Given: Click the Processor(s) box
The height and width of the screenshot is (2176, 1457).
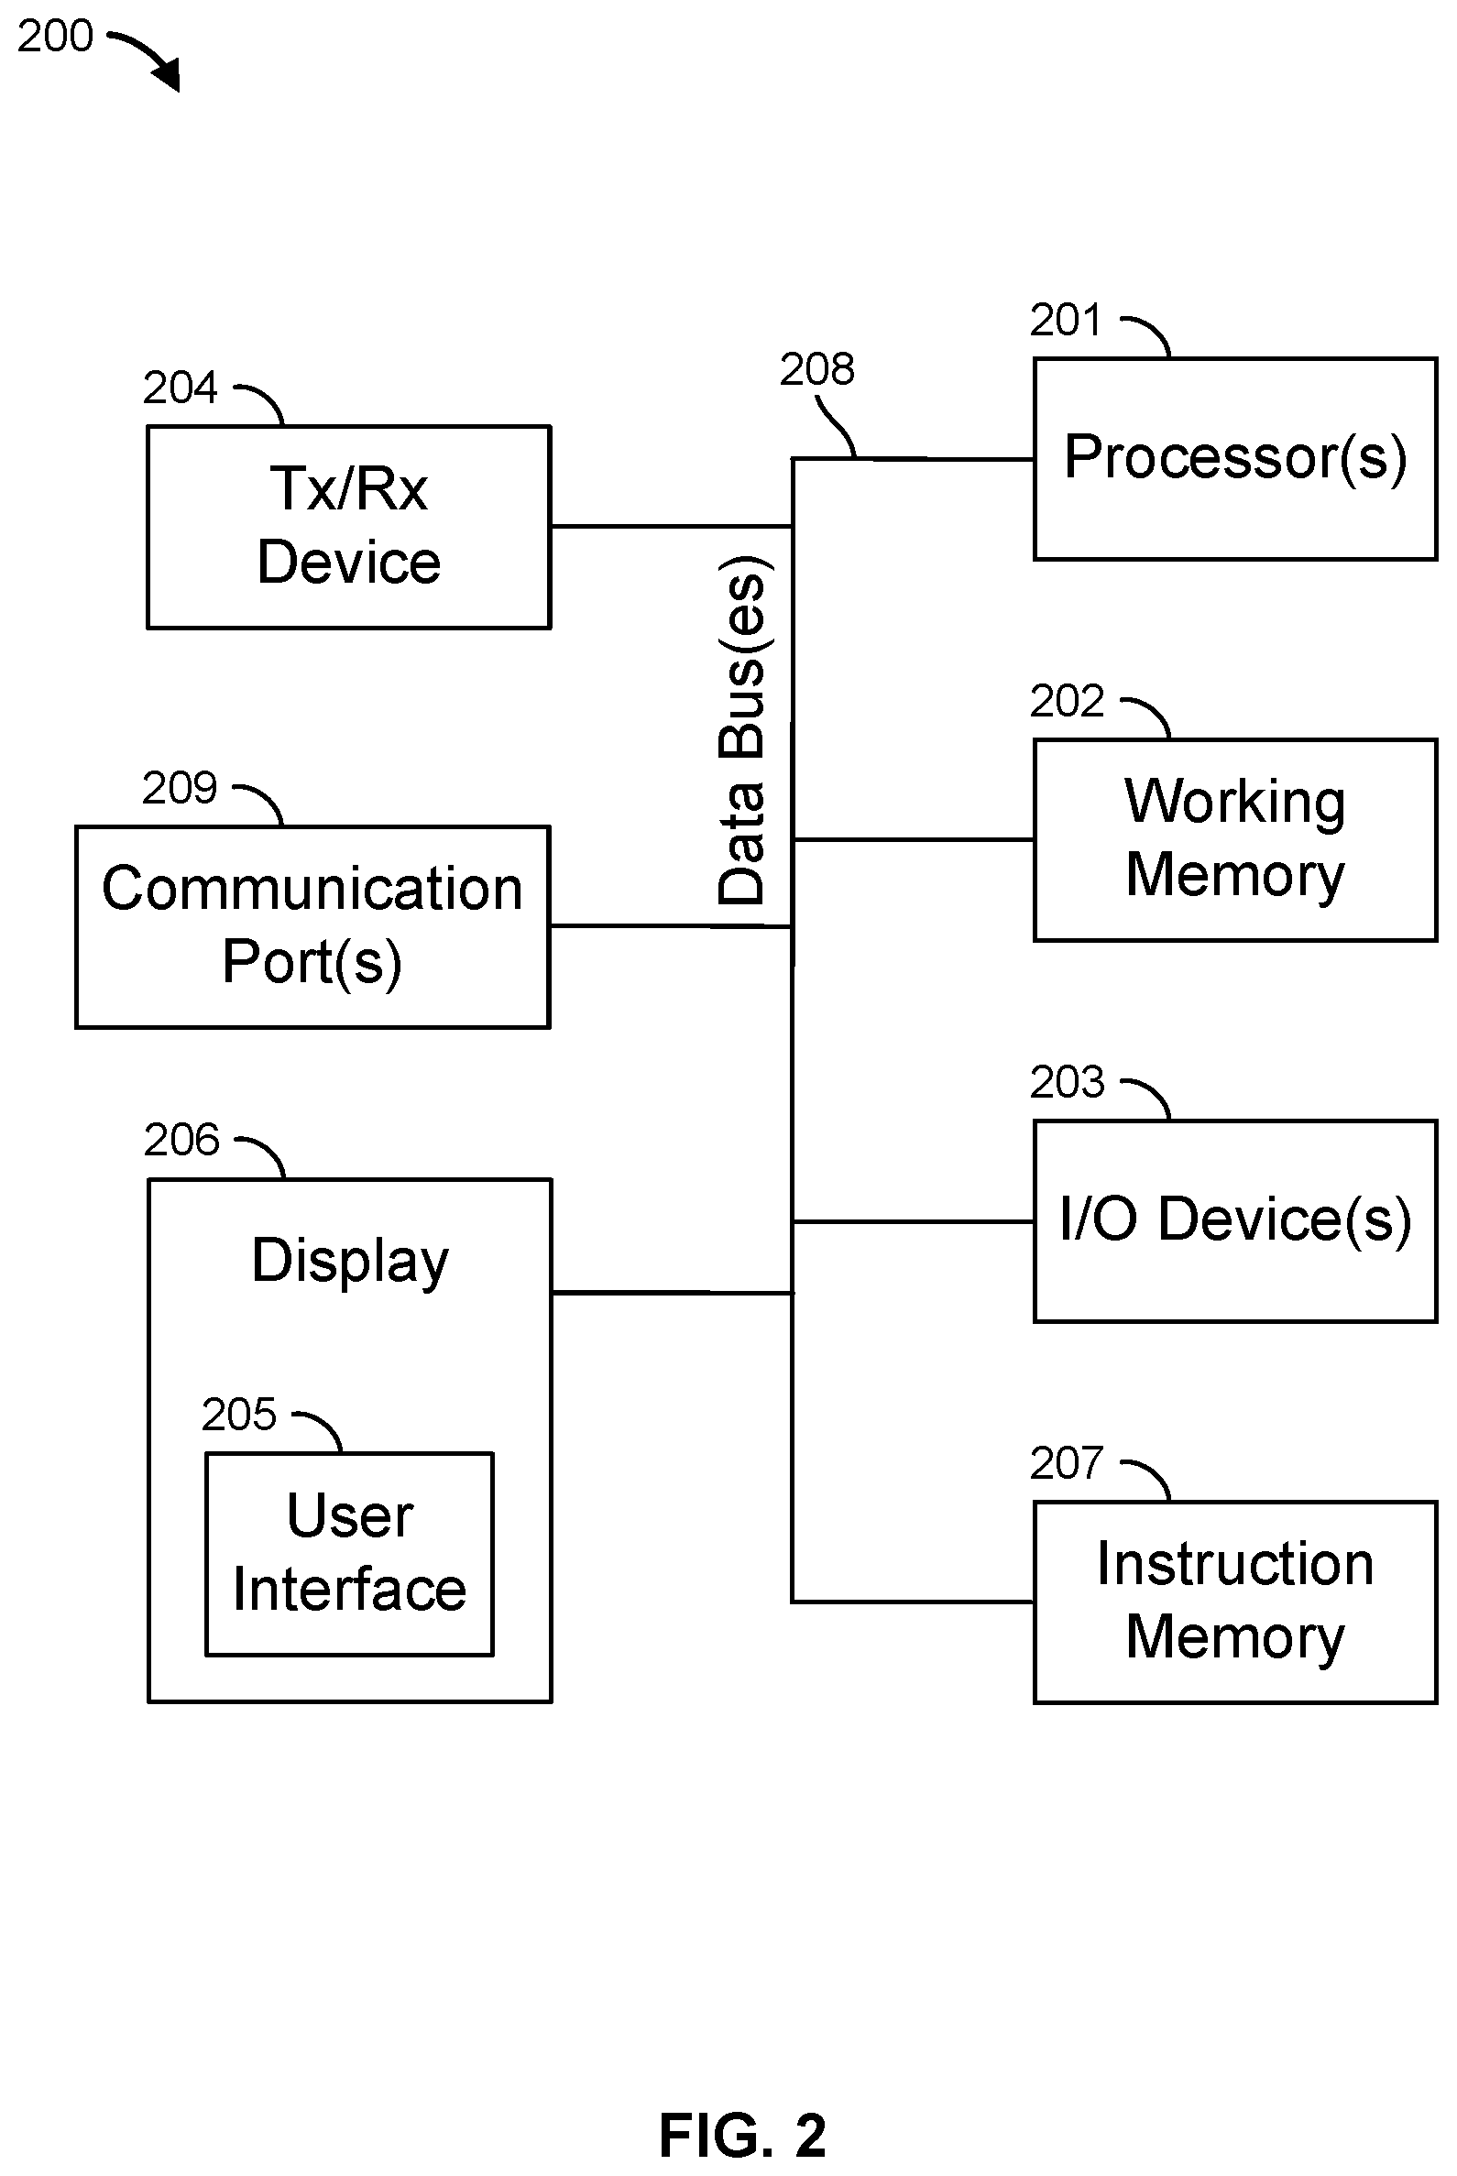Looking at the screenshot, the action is pyautogui.click(x=1235, y=459).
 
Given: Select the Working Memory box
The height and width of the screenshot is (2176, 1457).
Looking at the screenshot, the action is pyautogui.click(x=1235, y=840).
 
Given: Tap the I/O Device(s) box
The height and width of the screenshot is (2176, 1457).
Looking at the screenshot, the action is pyautogui.click(x=1235, y=1221).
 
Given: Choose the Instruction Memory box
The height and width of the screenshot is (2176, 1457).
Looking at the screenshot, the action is pyautogui.click(x=1235, y=1602).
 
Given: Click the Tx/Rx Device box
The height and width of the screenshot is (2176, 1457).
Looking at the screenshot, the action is pyautogui.click(x=349, y=527).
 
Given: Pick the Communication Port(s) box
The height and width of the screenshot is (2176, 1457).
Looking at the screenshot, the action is pyautogui.click(x=313, y=926).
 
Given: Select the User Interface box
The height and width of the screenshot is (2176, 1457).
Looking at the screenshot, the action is pyautogui.click(x=349, y=1554).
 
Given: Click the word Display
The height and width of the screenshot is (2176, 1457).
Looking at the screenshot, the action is pyautogui.click(x=350, y=1262).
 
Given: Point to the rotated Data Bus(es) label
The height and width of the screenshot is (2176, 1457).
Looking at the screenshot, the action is pyautogui.click(x=743, y=730).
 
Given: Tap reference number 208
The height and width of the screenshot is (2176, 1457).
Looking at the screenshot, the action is pyautogui.click(x=816, y=369).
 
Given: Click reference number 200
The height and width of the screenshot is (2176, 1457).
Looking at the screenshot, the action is pyautogui.click(x=55, y=36).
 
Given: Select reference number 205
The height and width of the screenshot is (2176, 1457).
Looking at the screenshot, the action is pyautogui.click(x=239, y=1414).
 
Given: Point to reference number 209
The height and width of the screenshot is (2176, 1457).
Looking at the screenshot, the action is pyautogui.click(x=180, y=788).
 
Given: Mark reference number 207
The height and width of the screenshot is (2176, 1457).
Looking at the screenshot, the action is pyautogui.click(x=1067, y=1463).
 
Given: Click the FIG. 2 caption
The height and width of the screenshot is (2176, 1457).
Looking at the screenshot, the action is pyautogui.click(x=742, y=2135).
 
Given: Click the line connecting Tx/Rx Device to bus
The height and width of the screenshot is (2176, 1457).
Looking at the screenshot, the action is pyautogui.click(x=672, y=527).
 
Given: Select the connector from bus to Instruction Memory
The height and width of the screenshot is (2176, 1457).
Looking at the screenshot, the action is pyautogui.click(x=913, y=1602).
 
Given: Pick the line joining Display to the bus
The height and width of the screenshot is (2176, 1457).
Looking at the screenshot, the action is pyautogui.click(x=672, y=1293).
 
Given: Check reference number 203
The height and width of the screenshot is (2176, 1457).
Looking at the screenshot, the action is pyautogui.click(x=1067, y=1081).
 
